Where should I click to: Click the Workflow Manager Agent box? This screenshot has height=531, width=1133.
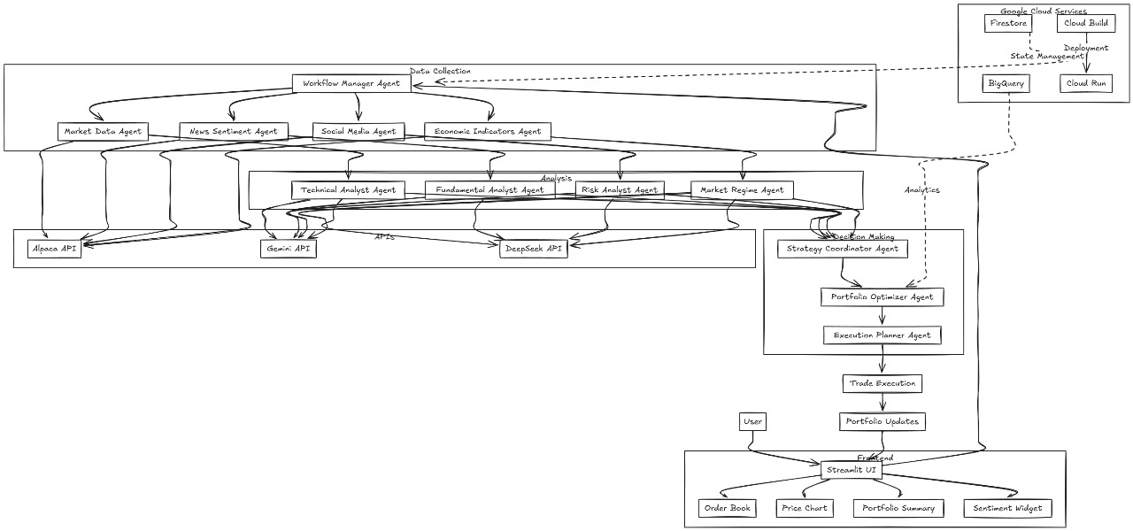point(351,83)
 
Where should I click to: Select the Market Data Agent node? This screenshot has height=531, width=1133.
point(103,132)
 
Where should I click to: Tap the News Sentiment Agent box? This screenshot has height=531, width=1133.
point(233,132)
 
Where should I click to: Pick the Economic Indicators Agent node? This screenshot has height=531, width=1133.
point(487,132)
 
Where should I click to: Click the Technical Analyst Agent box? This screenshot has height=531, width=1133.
point(349,189)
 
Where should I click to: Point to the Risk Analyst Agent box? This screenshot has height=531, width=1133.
point(620,189)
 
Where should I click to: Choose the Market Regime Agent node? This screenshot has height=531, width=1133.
point(742,189)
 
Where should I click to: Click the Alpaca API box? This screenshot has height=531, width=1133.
point(53,249)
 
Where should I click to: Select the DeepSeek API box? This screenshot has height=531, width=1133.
point(533,249)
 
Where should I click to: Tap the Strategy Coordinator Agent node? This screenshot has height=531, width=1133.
point(842,249)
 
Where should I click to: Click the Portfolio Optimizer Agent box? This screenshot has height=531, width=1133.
point(882,296)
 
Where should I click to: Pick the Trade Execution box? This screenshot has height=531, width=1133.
point(883,383)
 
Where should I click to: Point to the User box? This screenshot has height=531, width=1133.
point(752,421)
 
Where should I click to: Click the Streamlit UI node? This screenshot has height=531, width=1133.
point(851,470)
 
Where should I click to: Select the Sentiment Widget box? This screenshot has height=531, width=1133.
point(1007,508)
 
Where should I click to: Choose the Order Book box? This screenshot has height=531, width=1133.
point(727,508)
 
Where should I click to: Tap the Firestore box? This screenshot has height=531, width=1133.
point(1008,23)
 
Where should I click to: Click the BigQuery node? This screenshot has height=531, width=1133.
point(1006,83)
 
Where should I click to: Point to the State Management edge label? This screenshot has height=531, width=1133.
point(1046,56)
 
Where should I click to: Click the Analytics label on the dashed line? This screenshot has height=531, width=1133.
point(921,189)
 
